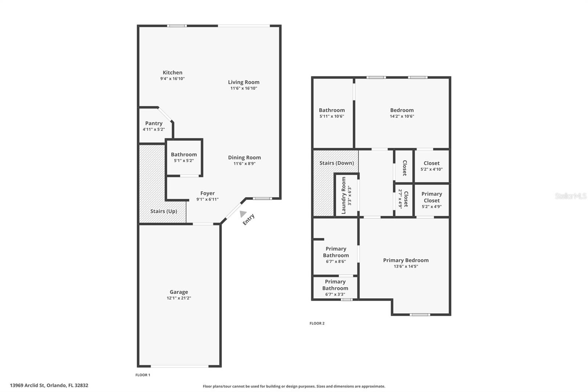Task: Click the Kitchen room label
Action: coord(172,73)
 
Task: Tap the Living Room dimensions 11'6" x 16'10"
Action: coord(243,88)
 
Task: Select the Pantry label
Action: coord(154,124)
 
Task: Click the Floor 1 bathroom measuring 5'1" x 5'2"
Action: coord(184,157)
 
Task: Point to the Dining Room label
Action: coord(244,158)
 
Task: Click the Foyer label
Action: coord(207,193)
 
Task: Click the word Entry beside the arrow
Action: coord(249,220)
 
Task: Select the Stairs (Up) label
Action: coord(164,211)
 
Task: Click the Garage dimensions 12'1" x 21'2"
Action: coord(179,298)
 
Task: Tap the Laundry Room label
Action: coord(344,195)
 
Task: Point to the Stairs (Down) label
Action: coord(336,163)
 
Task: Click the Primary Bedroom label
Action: coord(406,260)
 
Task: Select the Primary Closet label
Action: coord(431,197)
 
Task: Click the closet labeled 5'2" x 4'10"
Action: coord(431,166)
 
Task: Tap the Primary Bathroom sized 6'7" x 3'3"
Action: coord(335,288)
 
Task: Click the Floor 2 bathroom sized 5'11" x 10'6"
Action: coord(331,113)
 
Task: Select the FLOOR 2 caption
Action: coord(317,324)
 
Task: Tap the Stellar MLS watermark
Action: coord(570,196)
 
